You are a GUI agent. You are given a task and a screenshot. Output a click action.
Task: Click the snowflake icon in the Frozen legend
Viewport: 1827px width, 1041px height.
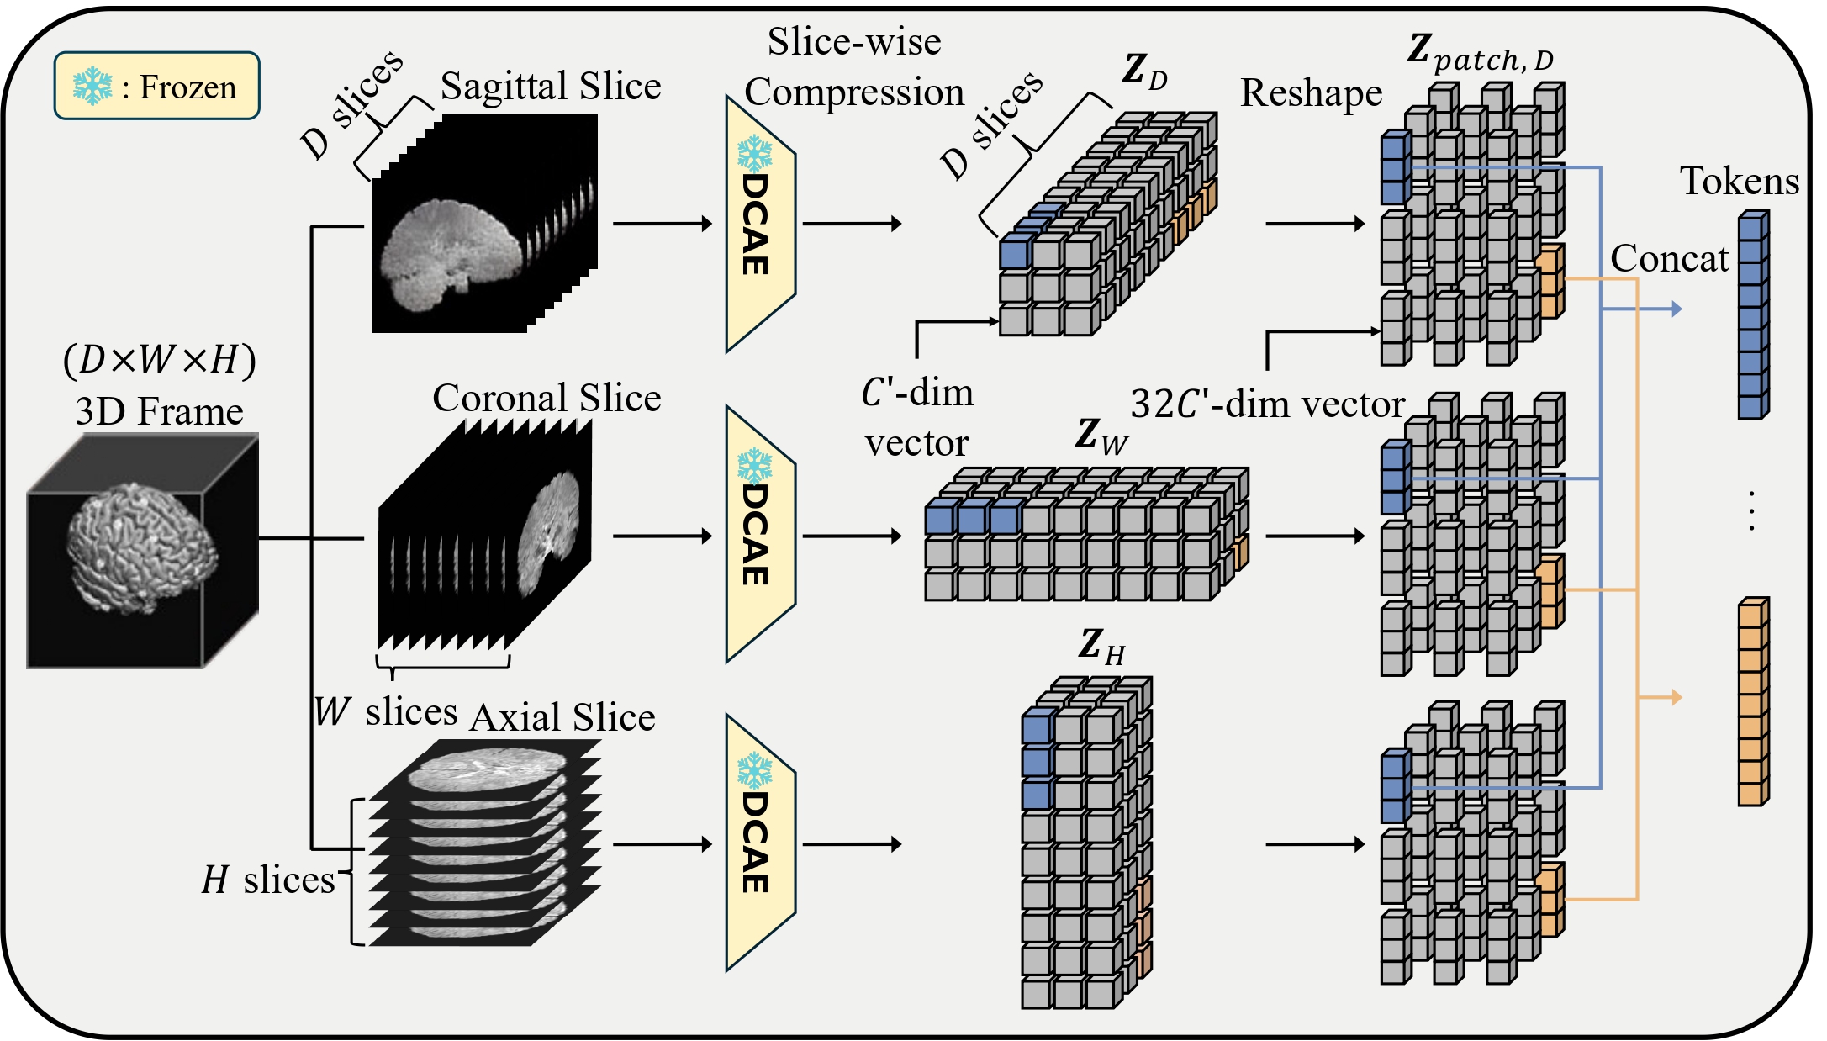pyautogui.click(x=92, y=87)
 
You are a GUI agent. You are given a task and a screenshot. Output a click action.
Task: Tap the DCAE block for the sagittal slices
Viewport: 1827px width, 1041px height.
pyautogui.click(x=758, y=224)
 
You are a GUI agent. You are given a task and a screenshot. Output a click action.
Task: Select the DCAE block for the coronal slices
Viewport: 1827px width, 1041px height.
pyautogui.click(x=758, y=535)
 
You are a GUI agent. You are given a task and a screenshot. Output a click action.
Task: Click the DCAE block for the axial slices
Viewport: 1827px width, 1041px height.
pyautogui.click(x=758, y=843)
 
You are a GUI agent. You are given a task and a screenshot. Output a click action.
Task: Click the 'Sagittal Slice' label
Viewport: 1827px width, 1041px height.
pyautogui.click(x=551, y=86)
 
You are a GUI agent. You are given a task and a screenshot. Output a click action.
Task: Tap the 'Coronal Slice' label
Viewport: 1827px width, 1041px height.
pyautogui.click(x=547, y=398)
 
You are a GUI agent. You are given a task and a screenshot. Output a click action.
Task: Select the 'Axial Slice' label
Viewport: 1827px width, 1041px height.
pyautogui.click(x=562, y=717)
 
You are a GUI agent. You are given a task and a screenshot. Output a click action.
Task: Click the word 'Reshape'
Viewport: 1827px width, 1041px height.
pyautogui.click(x=1311, y=92)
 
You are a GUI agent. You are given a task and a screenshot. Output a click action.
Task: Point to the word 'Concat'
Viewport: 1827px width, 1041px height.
pyautogui.click(x=1669, y=258)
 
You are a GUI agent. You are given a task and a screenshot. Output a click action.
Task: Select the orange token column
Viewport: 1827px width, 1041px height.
pyautogui.click(x=1752, y=702)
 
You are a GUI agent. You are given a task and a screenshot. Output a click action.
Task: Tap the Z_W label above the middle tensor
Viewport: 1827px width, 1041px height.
pyautogui.click(x=1101, y=436)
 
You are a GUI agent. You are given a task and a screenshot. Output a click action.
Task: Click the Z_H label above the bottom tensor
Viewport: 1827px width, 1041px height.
pyautogui.click(x=1101, y=647)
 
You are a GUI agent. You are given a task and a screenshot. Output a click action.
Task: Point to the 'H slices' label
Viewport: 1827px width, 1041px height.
pyautogui.click(x=268, y=880)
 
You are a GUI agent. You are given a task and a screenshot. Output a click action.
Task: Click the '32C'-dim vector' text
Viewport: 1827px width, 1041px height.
pyautogui.click(x=1266, y=404)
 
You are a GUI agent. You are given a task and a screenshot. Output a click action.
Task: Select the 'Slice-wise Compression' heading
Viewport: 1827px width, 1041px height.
pyautogui.click(x=854, y=66)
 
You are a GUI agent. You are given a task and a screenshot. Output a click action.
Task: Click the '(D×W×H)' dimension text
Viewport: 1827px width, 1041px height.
pyautogui.click(x=159, y=360)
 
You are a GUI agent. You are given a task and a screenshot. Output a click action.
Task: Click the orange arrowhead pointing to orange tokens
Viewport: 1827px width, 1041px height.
pyautogui.click(x=1676, y=697)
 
